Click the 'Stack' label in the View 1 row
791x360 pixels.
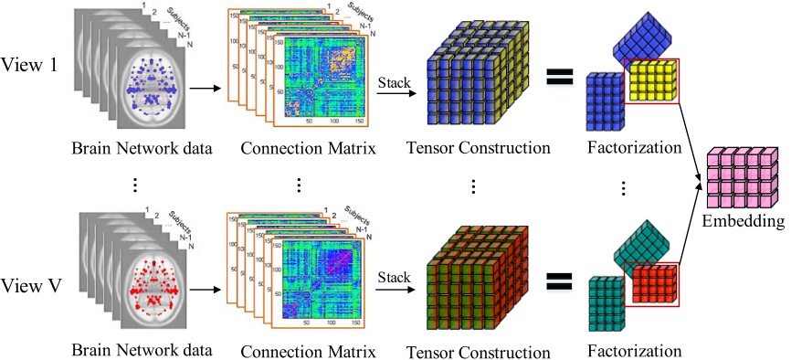tap(394, 83)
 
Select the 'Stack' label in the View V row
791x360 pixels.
tap(394, 276)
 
